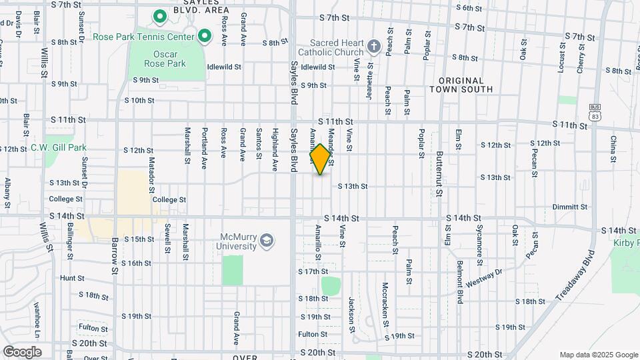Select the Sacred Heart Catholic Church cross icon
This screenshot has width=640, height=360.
374,47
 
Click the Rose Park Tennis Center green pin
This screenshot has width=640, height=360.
205,36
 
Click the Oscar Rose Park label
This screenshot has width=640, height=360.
165,59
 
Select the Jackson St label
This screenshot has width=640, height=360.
351,311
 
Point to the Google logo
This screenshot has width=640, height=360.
22,352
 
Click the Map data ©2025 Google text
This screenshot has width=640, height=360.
598,355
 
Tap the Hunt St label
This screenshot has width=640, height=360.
72,278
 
